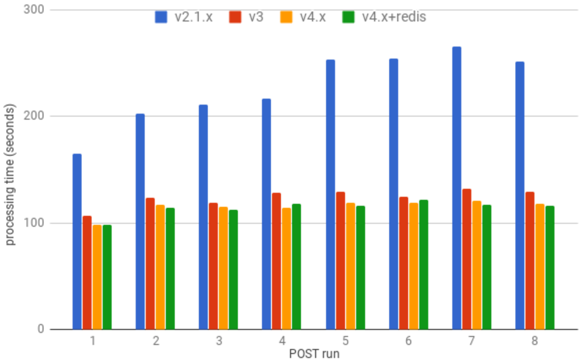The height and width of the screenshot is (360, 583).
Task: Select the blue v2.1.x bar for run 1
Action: (x=77, y=241)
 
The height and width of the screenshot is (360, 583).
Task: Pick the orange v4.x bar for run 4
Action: (x=287, y=268)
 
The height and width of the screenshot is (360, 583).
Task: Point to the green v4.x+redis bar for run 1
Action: (x=107, y=277)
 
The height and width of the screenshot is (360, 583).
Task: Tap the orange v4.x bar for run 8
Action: (x=540, y=266)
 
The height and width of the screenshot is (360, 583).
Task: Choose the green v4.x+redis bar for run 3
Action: (x=233, y=269)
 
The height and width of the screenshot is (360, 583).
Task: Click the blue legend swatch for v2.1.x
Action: (x=161, y=17)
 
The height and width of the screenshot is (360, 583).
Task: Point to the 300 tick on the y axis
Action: (x=35, y=10)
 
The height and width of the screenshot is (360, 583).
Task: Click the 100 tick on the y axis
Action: (x=35, y=223)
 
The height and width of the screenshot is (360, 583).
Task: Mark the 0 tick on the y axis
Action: (x=40, y=329)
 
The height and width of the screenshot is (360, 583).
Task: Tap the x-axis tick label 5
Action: (x=345, y=341)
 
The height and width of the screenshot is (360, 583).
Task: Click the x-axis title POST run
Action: (x=314, y=354)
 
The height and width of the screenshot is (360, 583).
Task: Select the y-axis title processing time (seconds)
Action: (x=10, y=175)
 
